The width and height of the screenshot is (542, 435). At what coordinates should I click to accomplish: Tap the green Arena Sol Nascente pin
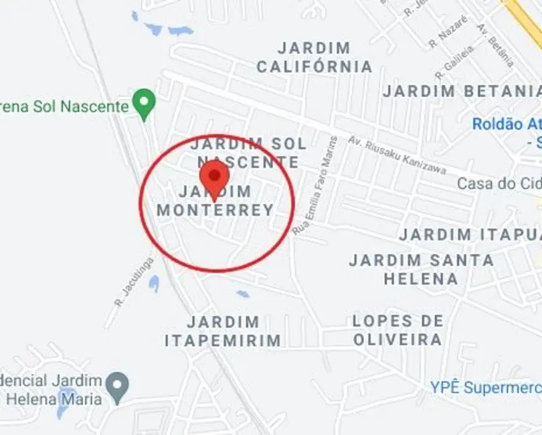(143, 104)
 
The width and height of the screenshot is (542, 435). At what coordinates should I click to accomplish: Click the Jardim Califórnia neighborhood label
(314, 58)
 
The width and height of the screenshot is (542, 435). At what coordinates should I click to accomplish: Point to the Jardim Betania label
(462, 91)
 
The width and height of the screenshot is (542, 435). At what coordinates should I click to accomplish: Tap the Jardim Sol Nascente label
(248, 153)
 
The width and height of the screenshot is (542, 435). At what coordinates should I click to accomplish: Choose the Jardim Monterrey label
(215, 201)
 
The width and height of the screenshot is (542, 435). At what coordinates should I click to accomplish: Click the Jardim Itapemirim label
(223, 331)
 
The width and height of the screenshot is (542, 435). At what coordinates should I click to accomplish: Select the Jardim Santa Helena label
(422, 269)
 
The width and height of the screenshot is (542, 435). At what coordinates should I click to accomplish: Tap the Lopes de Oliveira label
(397, 331)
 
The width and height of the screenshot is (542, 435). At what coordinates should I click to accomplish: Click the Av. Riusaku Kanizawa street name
(397, 155)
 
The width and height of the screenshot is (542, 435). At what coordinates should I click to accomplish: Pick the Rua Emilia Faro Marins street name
(315, 185)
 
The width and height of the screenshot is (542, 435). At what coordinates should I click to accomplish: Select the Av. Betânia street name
(495, 45)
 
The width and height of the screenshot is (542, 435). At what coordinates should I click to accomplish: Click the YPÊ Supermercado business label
(486, 387)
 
